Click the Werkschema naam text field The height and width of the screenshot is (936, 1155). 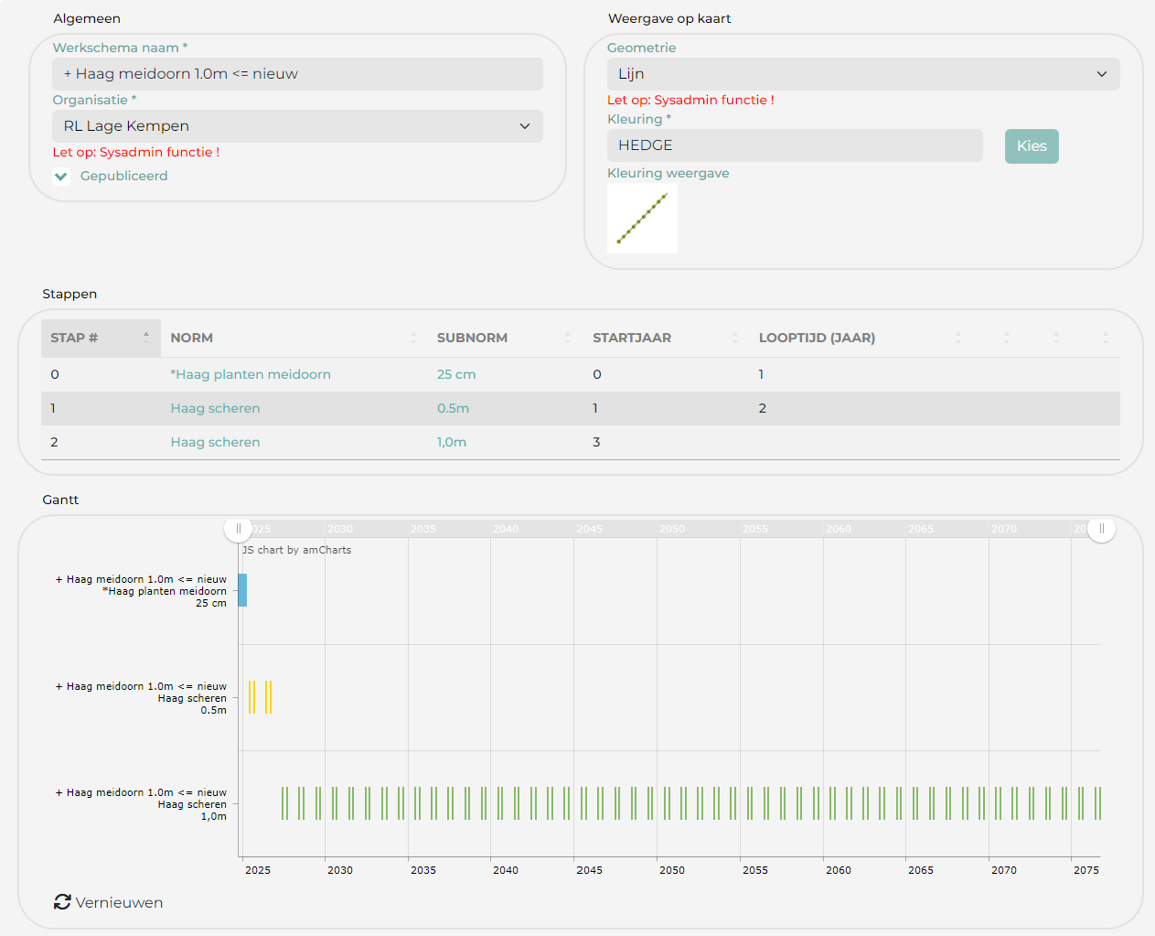[x=297, y=74]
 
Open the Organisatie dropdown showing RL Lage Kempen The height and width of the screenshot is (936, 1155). [x=297, y=126]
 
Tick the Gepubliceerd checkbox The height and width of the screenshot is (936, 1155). [x=61, y=177]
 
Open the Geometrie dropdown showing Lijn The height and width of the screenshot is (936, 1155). [x=862, y=74]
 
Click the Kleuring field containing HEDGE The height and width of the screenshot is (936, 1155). [x=794, y=145]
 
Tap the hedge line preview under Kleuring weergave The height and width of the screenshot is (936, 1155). [x=642, y=219]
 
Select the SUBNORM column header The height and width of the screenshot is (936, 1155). [x=472, y=338]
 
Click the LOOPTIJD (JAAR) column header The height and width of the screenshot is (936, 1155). [x=817, y=338]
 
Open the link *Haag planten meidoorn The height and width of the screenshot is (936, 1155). [x=251, y=374]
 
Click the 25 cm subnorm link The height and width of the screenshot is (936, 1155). [x=456, y=374]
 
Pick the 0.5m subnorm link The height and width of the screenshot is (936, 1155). [x=453, y=408]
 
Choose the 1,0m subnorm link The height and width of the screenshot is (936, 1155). [x=452, y=442]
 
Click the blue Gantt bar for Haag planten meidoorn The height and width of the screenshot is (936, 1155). [x=242, y=590]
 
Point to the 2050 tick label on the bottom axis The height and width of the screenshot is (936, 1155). [x=672, y=870]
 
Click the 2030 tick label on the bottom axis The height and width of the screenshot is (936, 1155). [x=340, y=870]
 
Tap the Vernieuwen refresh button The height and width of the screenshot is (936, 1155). [x=109, y=902]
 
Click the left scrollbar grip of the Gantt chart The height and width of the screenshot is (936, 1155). [x=238, y=529]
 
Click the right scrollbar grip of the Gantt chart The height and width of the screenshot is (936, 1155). [x=1101, y=529]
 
